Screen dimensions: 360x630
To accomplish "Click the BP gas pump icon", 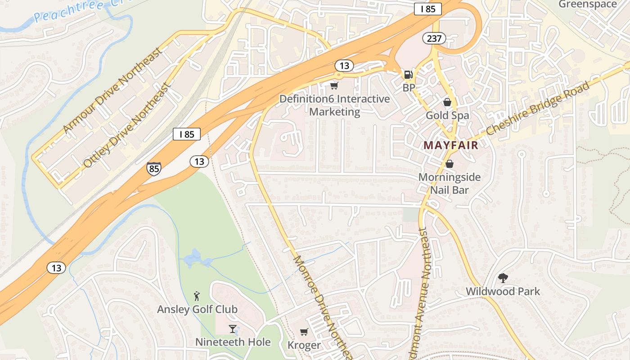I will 408,75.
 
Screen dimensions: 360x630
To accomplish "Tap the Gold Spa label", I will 447,116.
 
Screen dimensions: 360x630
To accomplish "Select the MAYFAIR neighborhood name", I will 450,145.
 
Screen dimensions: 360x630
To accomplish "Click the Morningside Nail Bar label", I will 449,183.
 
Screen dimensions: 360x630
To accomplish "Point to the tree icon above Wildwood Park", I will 503,278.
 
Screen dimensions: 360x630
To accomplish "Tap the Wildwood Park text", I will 503,292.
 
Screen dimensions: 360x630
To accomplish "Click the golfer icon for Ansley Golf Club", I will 196,296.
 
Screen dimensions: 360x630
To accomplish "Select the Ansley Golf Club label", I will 197,310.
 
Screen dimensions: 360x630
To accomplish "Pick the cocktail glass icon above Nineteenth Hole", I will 233,329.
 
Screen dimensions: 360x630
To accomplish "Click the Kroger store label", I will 304,346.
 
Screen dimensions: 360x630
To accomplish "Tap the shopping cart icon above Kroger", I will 304,332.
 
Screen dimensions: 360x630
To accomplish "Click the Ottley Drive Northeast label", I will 127,125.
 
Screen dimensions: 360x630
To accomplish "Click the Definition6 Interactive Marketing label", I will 335,105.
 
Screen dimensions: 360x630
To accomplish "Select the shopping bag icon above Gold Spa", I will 447,102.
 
